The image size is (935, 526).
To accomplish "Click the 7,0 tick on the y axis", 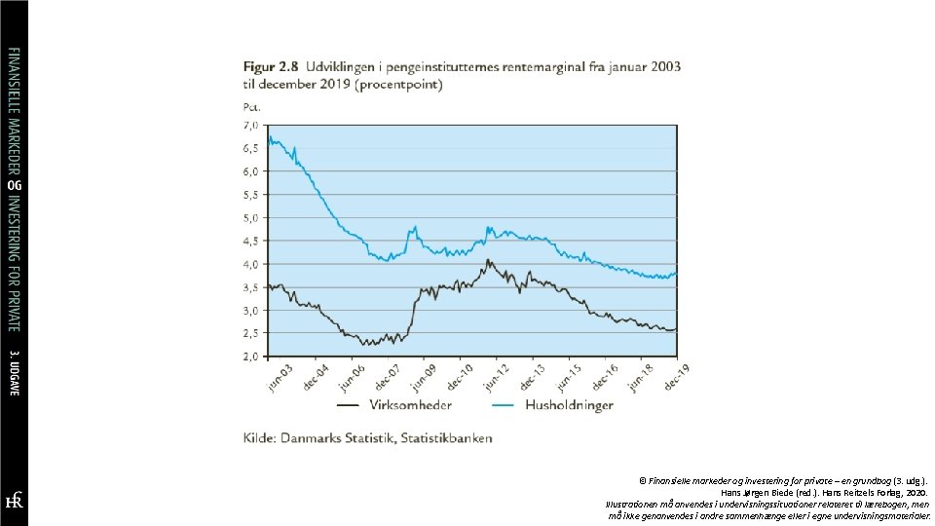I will [x=251, y=126].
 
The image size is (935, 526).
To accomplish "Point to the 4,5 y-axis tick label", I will [x=251, y=242].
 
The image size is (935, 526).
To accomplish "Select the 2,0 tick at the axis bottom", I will [x=251, y=357].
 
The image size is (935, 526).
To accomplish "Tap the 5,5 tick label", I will [x=251, y=195].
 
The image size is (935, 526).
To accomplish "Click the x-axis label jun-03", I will [x=280, y=379].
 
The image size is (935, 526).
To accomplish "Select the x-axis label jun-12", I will [x=497, y=379].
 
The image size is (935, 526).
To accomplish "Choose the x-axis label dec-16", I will [x=605, y=379].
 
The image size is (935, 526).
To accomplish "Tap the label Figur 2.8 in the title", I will [x=271, y=67].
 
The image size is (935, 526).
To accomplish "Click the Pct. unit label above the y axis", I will [x=252, y=106].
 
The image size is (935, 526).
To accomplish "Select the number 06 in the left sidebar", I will [x=14, y=185].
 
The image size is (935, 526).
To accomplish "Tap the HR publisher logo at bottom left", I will [x=14, y=500].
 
